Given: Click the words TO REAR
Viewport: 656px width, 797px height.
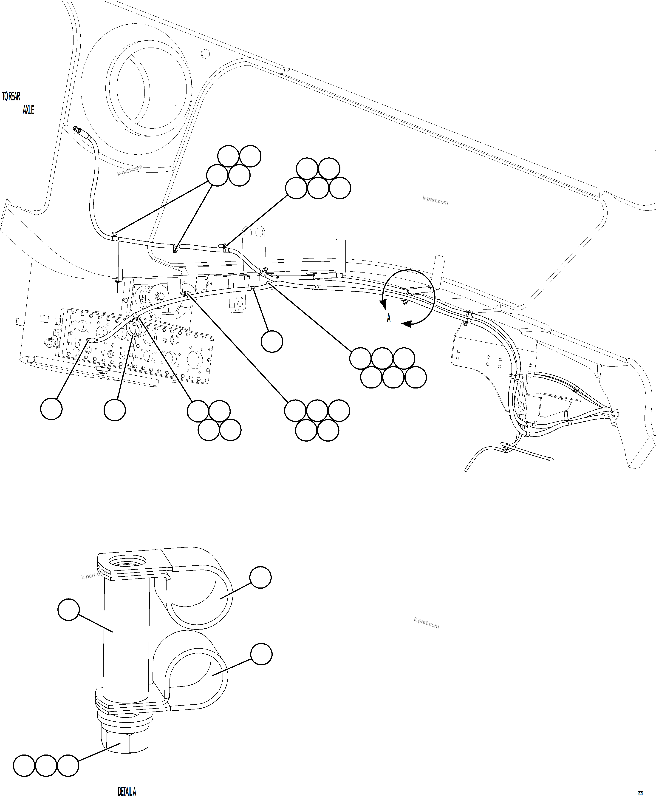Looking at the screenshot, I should pyautogui.click(x=11, y=97).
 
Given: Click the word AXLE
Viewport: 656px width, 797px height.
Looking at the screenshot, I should pyautogui.click(x=28, y=110).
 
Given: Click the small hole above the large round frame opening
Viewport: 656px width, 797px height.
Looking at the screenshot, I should pyautogui.click(x=205, y=54).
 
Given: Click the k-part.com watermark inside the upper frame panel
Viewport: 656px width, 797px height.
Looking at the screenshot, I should pyautogui.click(x=435, y=201).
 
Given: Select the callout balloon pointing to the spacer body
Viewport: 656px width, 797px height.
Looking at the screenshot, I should pyautogui.click(x=68, y=610).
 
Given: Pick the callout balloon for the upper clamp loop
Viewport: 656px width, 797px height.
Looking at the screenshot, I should pyautogui.click(x=261, y=577).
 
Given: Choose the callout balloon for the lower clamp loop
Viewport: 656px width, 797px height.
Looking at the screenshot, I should pyautogui.click(x=261, y=654).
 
